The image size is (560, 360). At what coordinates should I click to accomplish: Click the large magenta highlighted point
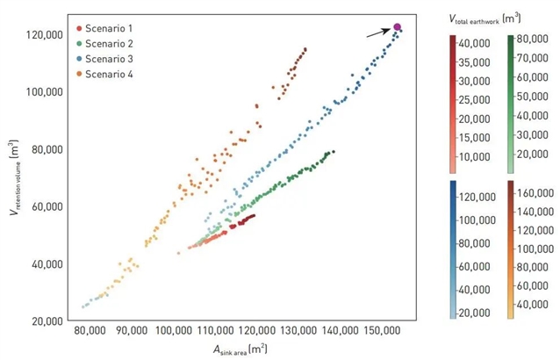click(x=398, y=28)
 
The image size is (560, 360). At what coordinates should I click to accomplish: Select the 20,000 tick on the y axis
click(x=43, y=320)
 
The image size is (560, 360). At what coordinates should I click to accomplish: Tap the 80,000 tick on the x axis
click(x=90, y=334)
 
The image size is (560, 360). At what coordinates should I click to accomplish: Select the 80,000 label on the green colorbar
click(x=536, y=39)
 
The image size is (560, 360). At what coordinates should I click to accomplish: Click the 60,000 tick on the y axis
click(x=43, y=206)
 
